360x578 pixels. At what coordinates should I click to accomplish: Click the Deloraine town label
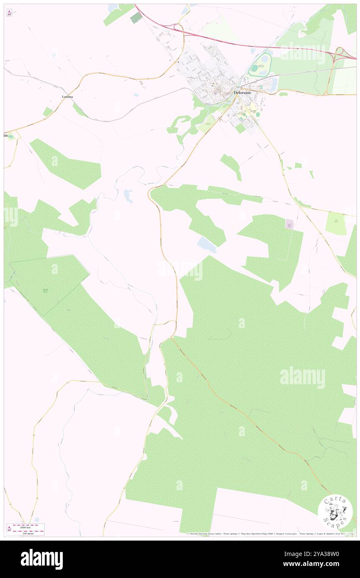click(x=243, y=92)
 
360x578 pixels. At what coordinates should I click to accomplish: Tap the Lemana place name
click(x=67, y=96)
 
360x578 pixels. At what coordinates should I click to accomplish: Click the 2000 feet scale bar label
click(x=28, y=525)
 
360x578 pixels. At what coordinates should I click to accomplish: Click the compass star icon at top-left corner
click(x=9, y=13)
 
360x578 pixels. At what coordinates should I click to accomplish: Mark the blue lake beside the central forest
click(x=207, y=245)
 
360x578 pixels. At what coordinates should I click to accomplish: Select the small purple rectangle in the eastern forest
click(x=289, y=225)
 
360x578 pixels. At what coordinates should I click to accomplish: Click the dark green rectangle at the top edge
click(x=136, y=18)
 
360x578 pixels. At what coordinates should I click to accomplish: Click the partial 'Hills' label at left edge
click(x=6, y=136)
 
